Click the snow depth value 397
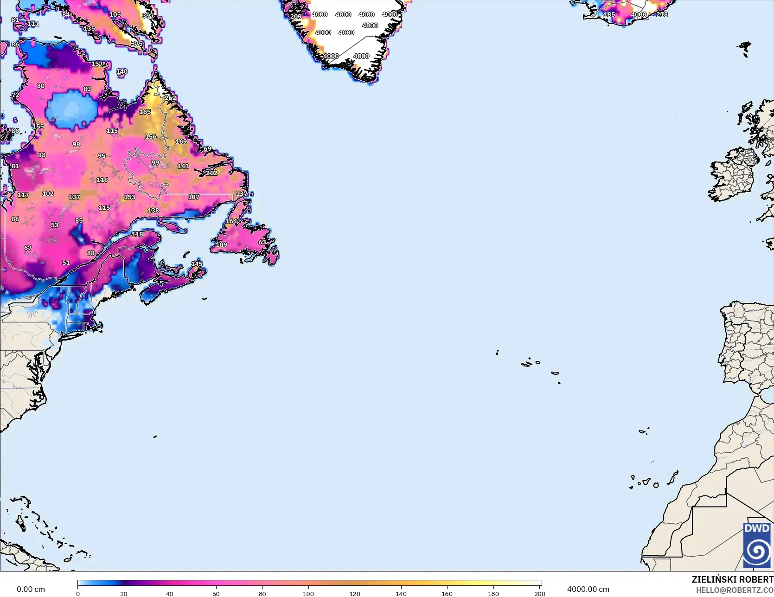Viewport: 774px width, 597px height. [x=148, y=16]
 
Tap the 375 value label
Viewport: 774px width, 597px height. [x=137, y=44]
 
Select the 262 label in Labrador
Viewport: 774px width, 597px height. [x=170, y=98]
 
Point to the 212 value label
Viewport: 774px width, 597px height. [x=211, y=173]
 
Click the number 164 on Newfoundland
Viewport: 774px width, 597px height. [x=231, y=221]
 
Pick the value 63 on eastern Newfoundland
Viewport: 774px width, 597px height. [x=262, y=242]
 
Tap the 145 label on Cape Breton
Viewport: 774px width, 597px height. [x=197, y=263]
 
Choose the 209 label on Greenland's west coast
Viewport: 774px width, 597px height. [x=296, y=16]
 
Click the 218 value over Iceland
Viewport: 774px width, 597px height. [x=662, y=14]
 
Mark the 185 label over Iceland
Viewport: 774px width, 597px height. [x=609, y=14]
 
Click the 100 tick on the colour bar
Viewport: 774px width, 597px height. [x=308, y=593]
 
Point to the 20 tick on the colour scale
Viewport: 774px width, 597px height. [x=124, y=593]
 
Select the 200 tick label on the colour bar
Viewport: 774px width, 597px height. [x=539, y=593]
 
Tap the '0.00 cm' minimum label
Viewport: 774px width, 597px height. [x=31, y=589]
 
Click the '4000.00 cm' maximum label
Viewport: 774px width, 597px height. [x=588, y=589]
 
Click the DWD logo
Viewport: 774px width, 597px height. [x=757, y=545]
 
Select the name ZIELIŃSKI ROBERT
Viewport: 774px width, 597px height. [x=732, y=579]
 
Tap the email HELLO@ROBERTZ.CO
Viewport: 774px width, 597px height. [x=735, y=590]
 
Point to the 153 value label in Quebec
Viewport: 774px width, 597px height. [x=129, y=197]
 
